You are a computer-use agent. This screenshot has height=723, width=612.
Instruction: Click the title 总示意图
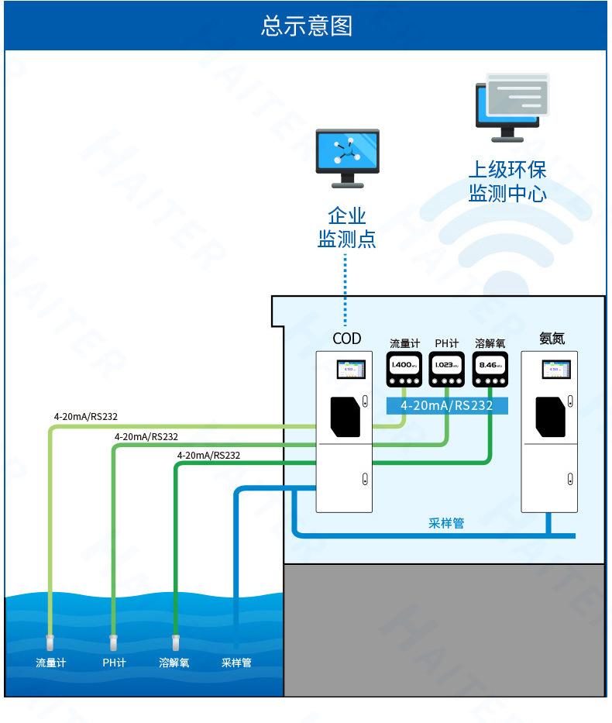[x=306, y=25]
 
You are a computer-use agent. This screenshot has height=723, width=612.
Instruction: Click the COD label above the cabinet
[x=346, y=339]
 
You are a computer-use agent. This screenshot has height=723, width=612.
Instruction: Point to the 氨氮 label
[x=552, y=338]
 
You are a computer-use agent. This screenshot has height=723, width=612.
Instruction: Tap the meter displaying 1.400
[x=404, y=370]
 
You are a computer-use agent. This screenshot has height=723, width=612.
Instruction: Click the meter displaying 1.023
[x=447, y=370]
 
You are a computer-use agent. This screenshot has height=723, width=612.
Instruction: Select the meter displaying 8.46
[x=490, y=370]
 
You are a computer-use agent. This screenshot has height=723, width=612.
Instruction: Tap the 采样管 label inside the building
[x=446, y=523]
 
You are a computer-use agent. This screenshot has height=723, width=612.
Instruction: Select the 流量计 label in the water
[x=51, y=663]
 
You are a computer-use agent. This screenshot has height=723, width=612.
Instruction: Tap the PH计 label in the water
[x=114, y=663]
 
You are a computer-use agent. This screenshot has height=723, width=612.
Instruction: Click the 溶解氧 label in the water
[x=174, y=663]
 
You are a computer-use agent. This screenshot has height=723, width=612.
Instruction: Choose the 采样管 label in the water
[x=236, y=663]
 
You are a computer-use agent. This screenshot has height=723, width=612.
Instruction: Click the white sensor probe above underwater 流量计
[x=50, y=642]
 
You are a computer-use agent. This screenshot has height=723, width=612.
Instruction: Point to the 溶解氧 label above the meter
[x=490, y=343]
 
